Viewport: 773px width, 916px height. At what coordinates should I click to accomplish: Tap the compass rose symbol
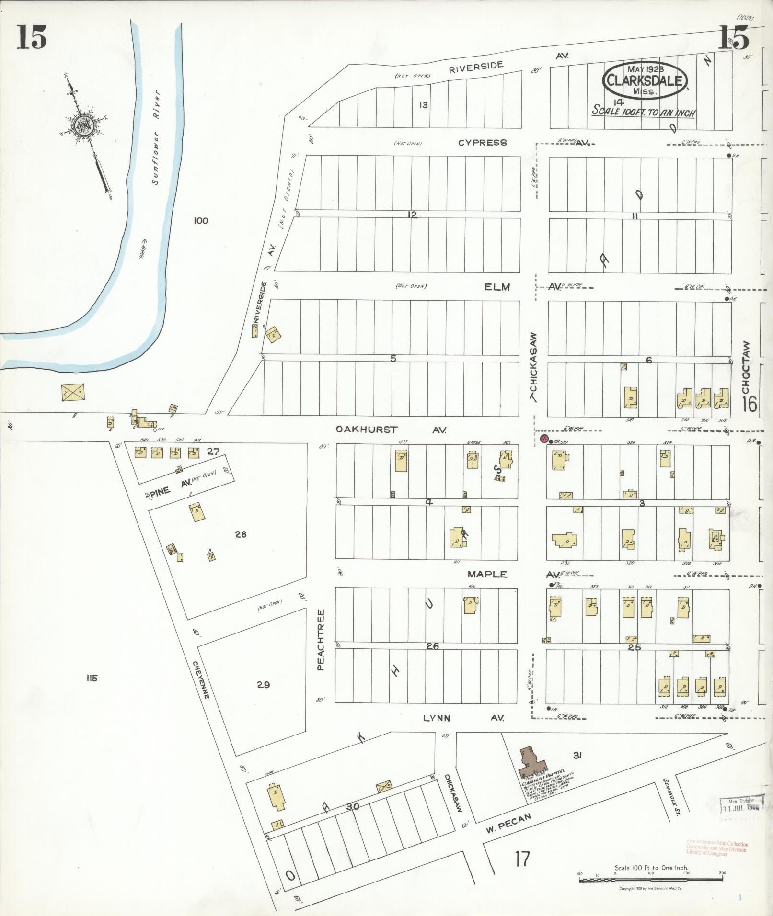tap(85, 126)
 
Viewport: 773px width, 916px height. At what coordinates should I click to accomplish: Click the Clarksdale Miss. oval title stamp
tap(645, 81)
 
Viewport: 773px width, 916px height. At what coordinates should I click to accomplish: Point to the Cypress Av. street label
tap(482, 143)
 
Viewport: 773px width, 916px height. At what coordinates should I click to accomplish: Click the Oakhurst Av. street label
tap(391, 430)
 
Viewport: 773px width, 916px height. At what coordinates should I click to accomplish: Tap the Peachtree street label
tap(321, 639)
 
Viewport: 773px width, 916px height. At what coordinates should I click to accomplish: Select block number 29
tap(263, 685)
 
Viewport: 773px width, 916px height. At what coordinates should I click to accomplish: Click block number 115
tap(92, 678)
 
